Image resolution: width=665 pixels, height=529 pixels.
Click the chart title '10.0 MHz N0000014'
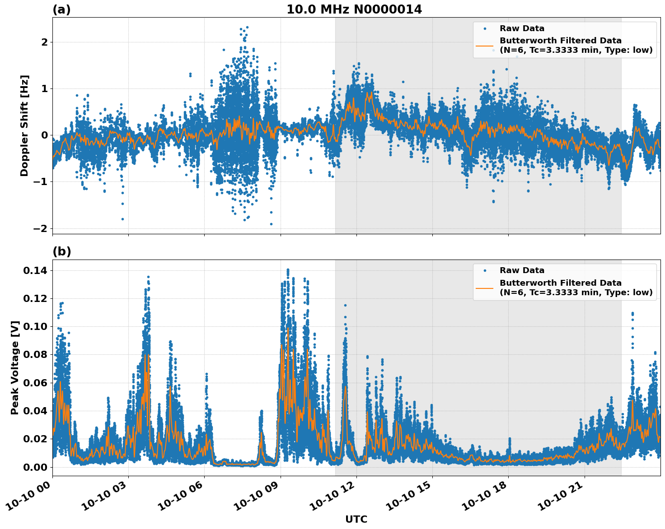pos(354,9)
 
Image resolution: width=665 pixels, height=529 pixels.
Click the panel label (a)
pos(61,9)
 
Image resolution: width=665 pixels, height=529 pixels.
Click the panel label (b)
pos(61,251)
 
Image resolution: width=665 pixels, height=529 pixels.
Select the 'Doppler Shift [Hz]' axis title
pos(24,125)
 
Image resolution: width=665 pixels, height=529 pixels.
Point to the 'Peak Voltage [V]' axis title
pos(15,367)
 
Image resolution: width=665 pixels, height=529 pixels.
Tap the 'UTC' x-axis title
pos(356,519)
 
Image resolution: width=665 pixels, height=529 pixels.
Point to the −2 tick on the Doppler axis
pos(40,228)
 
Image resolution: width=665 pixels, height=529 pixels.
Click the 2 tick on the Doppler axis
pos(44,42)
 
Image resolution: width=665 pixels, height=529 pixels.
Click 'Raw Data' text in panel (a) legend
pos(522,28)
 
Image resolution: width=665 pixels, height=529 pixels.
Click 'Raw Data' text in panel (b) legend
pos(522,270)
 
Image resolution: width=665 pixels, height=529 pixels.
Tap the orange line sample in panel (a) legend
pos(485,45)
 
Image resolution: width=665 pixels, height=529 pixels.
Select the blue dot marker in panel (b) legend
pos(485,270)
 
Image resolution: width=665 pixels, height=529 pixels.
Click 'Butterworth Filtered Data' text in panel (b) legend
pos(560,283)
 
